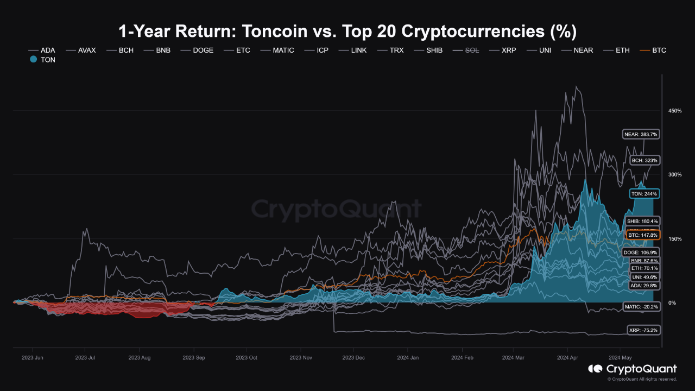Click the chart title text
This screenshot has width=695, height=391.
click(347, 31)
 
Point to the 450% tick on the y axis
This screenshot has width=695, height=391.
click(675, 111)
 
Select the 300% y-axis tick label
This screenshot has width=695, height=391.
click(675, 174)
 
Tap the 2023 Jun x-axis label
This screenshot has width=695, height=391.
click(32, 358)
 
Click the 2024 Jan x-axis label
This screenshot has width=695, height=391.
click(408, 358)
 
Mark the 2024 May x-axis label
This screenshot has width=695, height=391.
click(620, 358)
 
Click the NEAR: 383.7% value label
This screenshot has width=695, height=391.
click(641, 134)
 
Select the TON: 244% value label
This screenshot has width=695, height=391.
click(643, 193)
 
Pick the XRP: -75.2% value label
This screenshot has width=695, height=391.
click(643, 330)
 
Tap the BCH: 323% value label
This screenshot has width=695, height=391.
click(645, 160)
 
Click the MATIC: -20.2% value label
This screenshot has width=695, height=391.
click(641, 307)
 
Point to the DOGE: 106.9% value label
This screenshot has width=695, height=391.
click(641, 253)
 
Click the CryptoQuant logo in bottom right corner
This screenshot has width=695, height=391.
click(633, 369)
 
